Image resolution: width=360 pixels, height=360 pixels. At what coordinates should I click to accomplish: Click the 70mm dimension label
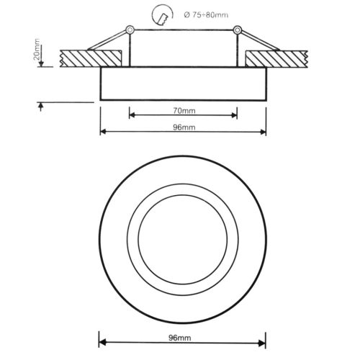pos(183,112)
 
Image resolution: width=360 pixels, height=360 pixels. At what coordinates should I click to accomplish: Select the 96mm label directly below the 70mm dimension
pos(183,127)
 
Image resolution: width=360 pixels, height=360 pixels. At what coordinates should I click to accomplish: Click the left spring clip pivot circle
pos(129,30)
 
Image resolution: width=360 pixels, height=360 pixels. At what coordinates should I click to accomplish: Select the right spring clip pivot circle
pos(236,30)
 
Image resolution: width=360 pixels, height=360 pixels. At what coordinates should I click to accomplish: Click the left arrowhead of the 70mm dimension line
pos(132,114)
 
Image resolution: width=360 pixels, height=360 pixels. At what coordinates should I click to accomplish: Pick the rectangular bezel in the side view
pos(182,84)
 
